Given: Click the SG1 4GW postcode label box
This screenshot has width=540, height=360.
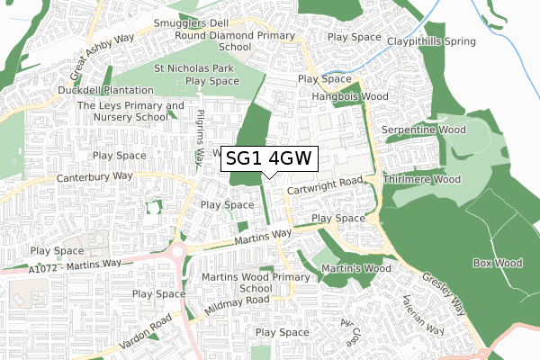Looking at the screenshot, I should [269, 158].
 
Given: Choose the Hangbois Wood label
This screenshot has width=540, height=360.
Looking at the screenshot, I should [349, 95].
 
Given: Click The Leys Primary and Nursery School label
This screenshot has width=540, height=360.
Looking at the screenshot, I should [130, 111].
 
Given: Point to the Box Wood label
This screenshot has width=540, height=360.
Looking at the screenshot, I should [497, 263].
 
